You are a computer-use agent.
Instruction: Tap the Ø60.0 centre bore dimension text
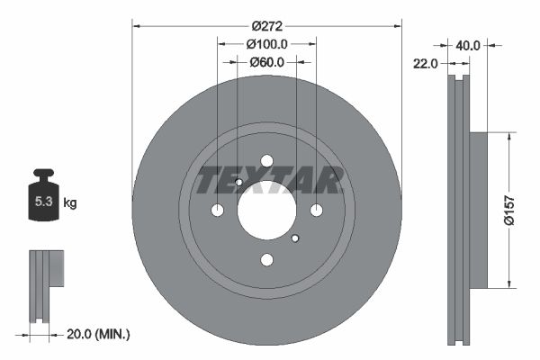point(266,62)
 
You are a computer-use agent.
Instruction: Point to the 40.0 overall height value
point(468,43)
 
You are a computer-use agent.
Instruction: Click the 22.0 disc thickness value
point(425,63)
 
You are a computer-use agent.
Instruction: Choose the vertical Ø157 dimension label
point(508,210)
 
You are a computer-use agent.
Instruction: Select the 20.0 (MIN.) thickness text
point(99,334)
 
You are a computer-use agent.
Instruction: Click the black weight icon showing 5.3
point(43,199)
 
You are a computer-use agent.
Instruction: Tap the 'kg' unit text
point(70,202)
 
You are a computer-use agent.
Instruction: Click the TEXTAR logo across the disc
point(267,181)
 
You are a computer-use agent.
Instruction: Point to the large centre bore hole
point(267,211)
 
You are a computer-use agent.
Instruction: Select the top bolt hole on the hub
point(267,161)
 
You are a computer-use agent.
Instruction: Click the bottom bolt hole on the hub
point(267,260)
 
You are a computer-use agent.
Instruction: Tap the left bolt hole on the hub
point(218,211)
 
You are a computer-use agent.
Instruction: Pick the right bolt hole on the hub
point(317,211)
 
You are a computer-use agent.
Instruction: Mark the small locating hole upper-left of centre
point(238,183)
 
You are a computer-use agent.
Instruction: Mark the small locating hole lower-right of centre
point(295,238)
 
